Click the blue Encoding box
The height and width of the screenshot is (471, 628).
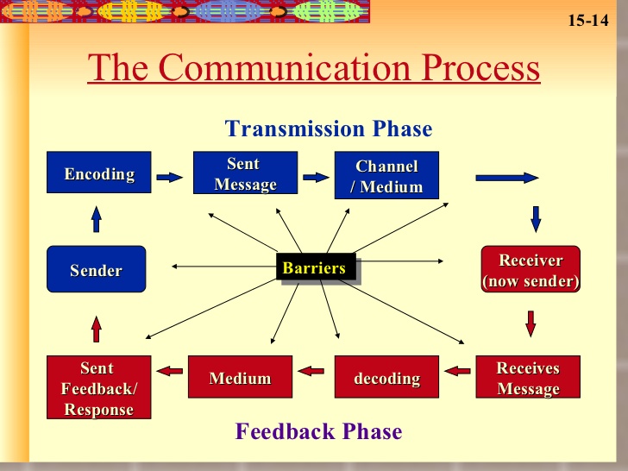coord(99,173)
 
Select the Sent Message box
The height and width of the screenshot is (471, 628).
coord(246,173)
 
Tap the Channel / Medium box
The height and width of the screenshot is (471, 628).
coord(386,175)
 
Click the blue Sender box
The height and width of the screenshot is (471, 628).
coord(96,269)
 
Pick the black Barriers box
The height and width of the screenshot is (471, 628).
coord(316,267)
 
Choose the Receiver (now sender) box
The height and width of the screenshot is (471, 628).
coord(531,269)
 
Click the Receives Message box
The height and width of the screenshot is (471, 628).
coord(528,377)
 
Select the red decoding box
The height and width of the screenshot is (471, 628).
coord(386,377)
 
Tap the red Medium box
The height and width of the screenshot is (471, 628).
coord(241,377)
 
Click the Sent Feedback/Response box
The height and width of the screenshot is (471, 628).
coord(99,387)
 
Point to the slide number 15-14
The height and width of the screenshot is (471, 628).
coord(588,20)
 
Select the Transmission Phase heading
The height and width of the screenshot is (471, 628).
coord(329,129)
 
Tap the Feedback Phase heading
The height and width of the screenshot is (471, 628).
coord(318,431)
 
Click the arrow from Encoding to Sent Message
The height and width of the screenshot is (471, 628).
coord(169,177)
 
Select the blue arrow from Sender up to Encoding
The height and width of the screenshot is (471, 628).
coord(96,219)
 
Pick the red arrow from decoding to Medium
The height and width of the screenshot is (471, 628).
coord(311,371)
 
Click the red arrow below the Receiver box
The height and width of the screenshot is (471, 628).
coord(531,323)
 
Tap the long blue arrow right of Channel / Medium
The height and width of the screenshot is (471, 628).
coord(507,178)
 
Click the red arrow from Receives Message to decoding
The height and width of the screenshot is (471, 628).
coord(457,371)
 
